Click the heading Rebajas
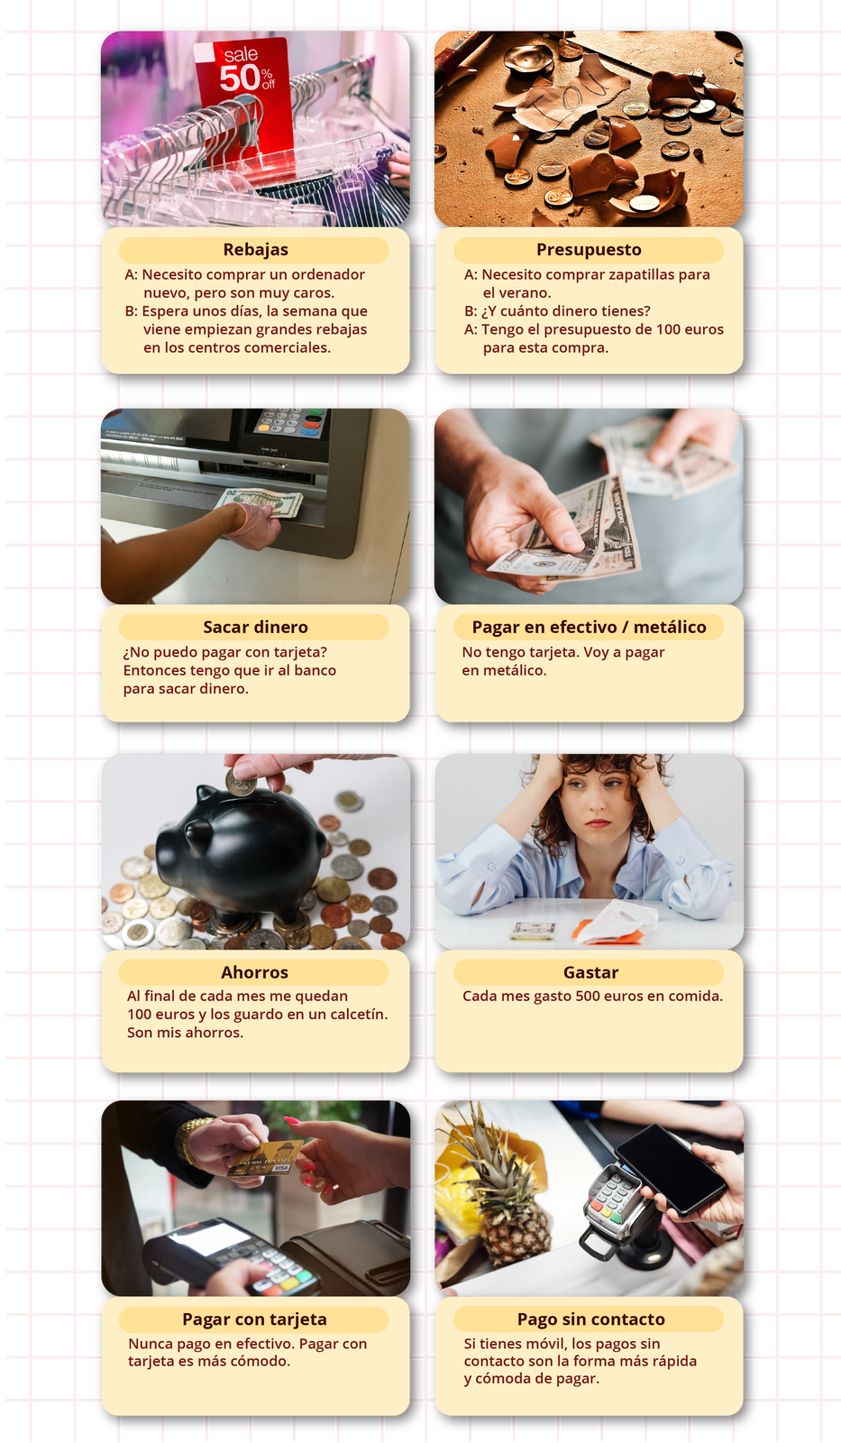tap(256, 249)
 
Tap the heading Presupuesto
tap(589, 249)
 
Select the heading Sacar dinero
tap(255, 627)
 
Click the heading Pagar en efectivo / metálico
tap(589, 627)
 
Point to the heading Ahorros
tap(254, 972)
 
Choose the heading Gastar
tap(590, 972)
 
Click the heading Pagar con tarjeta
tap(254, 1319)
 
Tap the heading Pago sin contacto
tap(590, 1319)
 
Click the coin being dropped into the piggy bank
tap(242, 783)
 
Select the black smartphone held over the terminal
tap(670, 1169)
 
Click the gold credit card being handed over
tap(265, 1160)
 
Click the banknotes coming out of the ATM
tap(260, 503)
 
